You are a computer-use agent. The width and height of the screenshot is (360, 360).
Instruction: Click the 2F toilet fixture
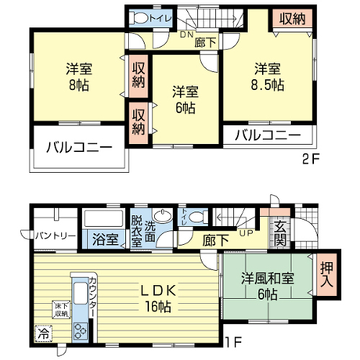pos(138,18)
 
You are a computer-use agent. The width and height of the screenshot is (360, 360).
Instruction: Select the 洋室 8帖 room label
pos(79,76)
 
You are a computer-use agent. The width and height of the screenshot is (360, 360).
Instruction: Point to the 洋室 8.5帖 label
pos(268,76)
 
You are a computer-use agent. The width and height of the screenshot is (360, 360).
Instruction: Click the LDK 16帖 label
pos(158,298)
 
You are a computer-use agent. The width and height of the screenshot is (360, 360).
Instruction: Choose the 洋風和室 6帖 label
pos(268,286)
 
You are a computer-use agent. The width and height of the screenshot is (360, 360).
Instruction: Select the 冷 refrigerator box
pos(43,333)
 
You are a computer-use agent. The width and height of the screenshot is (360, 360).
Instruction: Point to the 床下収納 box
pos(61,310)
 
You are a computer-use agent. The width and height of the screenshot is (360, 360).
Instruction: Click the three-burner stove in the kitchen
pos(80,332)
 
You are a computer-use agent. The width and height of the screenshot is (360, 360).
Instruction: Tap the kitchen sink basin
pos(81,293)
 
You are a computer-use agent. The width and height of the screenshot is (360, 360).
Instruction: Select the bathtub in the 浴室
pos(104,218)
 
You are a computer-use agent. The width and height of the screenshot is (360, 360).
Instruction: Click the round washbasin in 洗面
pos(163,216)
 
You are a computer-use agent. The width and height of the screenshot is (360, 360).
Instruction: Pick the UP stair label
pos(246,233)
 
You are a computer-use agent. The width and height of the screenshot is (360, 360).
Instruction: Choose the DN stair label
pos(186,35)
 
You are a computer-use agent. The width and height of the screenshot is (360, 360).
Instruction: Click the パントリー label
pos(55,236)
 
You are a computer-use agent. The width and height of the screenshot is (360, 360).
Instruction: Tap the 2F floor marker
pos(311,158)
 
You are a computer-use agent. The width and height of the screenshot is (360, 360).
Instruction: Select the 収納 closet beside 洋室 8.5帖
pos(292,19)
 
